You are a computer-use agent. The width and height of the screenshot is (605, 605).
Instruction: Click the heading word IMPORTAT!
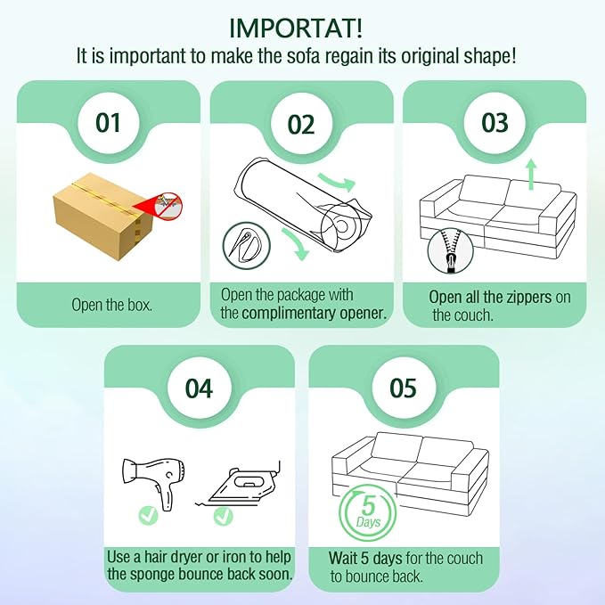point(296,29)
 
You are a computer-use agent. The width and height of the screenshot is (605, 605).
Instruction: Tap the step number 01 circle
point(108,123)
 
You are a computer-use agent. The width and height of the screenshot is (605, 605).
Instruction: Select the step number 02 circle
point(301,124)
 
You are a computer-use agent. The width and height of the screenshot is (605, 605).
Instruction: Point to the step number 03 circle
point(495,123)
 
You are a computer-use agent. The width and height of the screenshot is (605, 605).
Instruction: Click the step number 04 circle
point(199,388)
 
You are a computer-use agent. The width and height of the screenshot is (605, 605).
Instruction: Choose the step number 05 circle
point(404,388)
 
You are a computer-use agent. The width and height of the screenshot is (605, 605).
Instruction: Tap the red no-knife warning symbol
point(168,206)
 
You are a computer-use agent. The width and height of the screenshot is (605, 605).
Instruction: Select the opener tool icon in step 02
point(247,245)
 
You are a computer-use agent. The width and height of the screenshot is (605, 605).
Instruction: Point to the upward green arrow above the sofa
point(532,174)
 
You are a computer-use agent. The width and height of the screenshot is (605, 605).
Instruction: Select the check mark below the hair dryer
point(149,515)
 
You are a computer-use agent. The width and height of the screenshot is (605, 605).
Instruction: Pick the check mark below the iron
point(224,516)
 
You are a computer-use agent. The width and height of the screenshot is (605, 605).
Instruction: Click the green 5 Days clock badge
point(367,513)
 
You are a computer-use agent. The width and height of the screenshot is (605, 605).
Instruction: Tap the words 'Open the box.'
point(112,305)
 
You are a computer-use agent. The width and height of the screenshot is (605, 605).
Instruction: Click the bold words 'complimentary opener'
point(315,314)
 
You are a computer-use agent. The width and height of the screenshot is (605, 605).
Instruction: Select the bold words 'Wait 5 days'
point(365,558)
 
